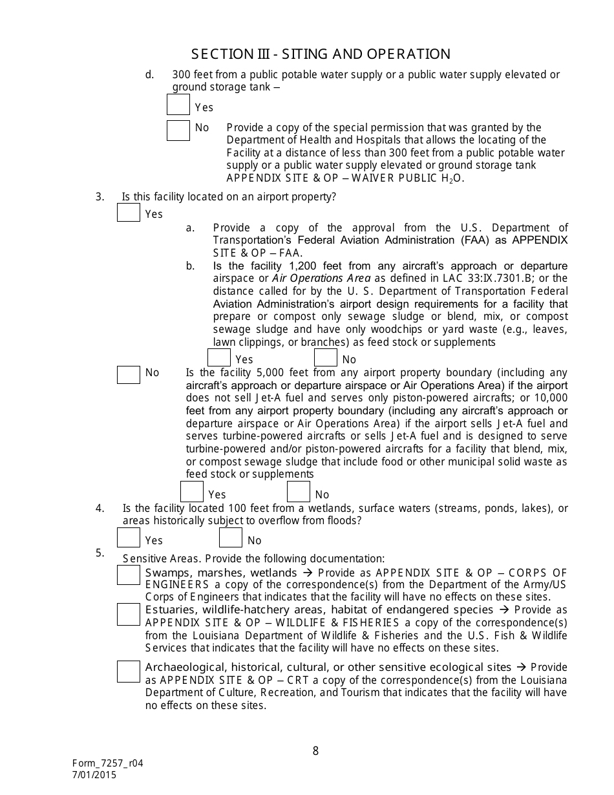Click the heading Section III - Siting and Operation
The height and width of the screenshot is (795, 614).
pyautogui.click(x=321, y=54)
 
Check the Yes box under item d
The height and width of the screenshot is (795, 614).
pyautogui.click(x=178, y=105)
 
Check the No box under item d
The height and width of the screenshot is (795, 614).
pyautogui.click(x=178, y=131)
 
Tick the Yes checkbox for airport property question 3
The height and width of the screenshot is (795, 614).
pyautogui.click(x=129, y=212)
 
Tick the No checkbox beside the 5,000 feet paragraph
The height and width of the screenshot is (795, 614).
pyautogui.click(x=129, y=374)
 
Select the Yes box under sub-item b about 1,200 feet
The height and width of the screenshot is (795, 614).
pyautogui.click(x=219, y=357)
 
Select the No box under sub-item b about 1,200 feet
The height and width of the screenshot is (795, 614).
pyautogui.click(x=326, y=357)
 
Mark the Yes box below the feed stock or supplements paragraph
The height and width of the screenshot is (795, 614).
pyautogui.click(x=192, y=493)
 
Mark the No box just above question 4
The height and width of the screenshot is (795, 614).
pyautogui.click(x=299, y=493)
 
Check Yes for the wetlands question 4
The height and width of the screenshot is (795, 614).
pyautogui.click(x=129, y=538)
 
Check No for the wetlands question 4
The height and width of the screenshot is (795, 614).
pyautogui.click(x=231, y=538)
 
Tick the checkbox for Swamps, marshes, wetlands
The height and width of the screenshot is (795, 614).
pyautogui.click(x=129, y=575)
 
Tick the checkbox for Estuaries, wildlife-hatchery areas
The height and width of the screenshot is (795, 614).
pyautogui.click(x=129, y=614)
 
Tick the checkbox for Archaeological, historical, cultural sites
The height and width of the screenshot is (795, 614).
pyautogui.click(x=129, y=671)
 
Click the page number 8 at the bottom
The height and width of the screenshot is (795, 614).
pyautogui.click(x=315, y=750)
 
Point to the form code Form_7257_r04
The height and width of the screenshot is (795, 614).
pyautogui.click(x=107, y=763)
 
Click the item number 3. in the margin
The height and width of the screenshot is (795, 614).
pyautogui.click(x=100, y=197)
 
